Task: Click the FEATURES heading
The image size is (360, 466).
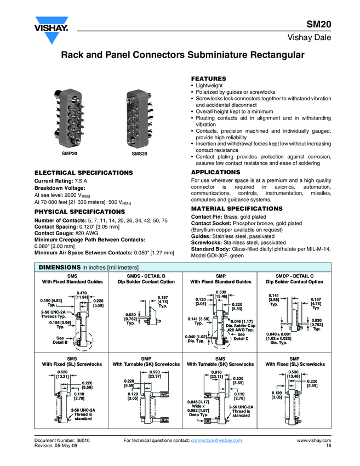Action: pos(208,79)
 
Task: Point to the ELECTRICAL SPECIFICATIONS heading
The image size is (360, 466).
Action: pos(83,173)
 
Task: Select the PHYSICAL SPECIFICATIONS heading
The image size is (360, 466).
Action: pos(79,211)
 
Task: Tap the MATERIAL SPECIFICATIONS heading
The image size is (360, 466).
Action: pos(237,209)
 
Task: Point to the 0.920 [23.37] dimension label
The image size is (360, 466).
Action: pos(155,359)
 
